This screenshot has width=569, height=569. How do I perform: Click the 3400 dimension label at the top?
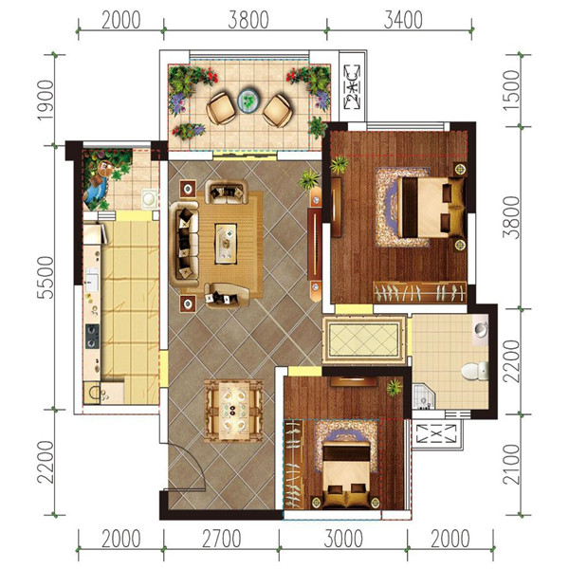[x=403, y=20]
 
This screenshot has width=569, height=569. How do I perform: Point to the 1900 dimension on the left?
[x=46, y=101]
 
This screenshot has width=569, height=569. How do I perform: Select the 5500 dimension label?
[x=46, y=277]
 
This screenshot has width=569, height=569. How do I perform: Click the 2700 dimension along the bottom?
[x=221, y=539]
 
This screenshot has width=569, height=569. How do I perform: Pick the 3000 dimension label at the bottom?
[x=343, y=539]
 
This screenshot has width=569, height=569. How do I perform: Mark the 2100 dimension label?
[x=511, y=465]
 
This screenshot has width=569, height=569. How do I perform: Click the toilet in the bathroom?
[x=475, y=371]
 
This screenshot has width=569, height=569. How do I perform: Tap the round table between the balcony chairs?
[x=248, y=100]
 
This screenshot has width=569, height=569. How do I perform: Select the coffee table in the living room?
[x=226, y=243]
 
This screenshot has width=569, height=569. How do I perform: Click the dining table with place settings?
[x=233, y=411]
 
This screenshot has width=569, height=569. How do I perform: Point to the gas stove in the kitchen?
[x=92, y=336]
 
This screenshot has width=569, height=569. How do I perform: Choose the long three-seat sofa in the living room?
[x=184, y=245]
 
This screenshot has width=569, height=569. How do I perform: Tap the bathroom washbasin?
[x=482, y=329]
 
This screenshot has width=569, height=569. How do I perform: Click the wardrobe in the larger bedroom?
[x=420, y=292]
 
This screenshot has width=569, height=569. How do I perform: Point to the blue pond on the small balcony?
[x=95, y=190]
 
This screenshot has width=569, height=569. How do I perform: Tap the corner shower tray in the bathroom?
[x=424, y=396]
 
